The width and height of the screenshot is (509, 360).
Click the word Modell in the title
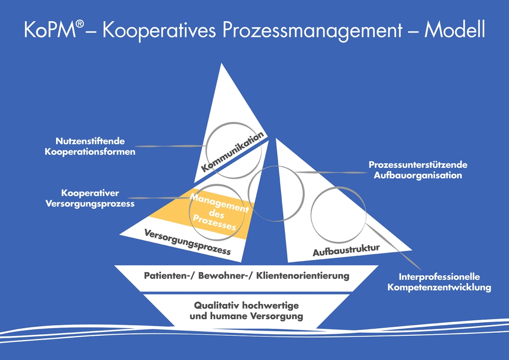[x=455, y=30]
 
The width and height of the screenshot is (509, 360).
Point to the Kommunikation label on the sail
[x=232, y=152]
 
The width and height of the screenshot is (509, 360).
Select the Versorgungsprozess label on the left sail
[x=187, y=242]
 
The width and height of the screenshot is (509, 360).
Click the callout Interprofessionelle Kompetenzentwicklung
[x=438, y=282]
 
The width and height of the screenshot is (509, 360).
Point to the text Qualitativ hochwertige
[x=246, y=306]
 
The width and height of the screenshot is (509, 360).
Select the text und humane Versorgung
[x=246, y=317]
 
